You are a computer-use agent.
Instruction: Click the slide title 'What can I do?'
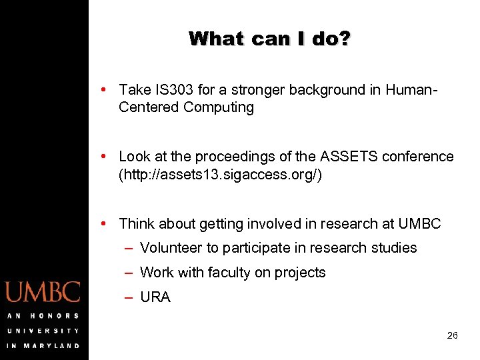[x=269, y=39]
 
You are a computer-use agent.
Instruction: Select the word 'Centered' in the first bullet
[x=149, y=107]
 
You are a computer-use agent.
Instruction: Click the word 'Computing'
[x=219, y=107]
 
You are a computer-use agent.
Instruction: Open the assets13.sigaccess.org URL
[x=220, y=175]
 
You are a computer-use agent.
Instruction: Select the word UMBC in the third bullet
[x=419, y=224]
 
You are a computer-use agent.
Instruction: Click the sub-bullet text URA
[x=155, y=297]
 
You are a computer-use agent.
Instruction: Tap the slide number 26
[x=452, y=336]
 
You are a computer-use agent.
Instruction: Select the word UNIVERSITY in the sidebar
[x=43, y=331]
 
